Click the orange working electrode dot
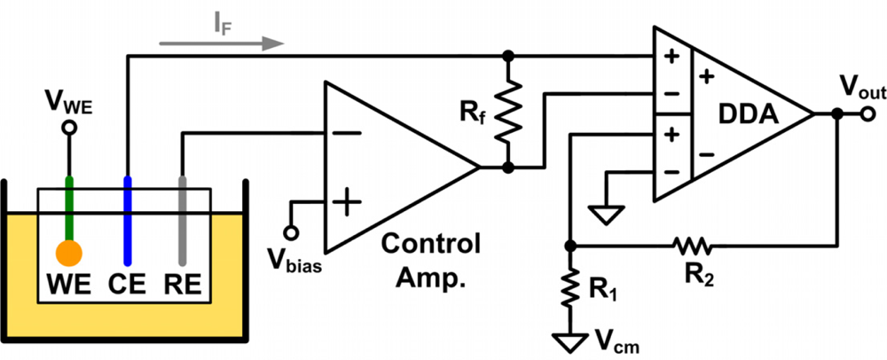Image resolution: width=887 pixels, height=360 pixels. tap(68, 253)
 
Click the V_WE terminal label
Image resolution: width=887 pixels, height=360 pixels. tap(67, 107)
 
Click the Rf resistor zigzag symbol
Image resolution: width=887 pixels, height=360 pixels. tap(507, 111)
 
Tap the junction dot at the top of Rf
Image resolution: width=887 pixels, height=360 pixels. tap(507, 56)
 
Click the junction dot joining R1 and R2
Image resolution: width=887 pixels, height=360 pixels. tap(569, 244)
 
